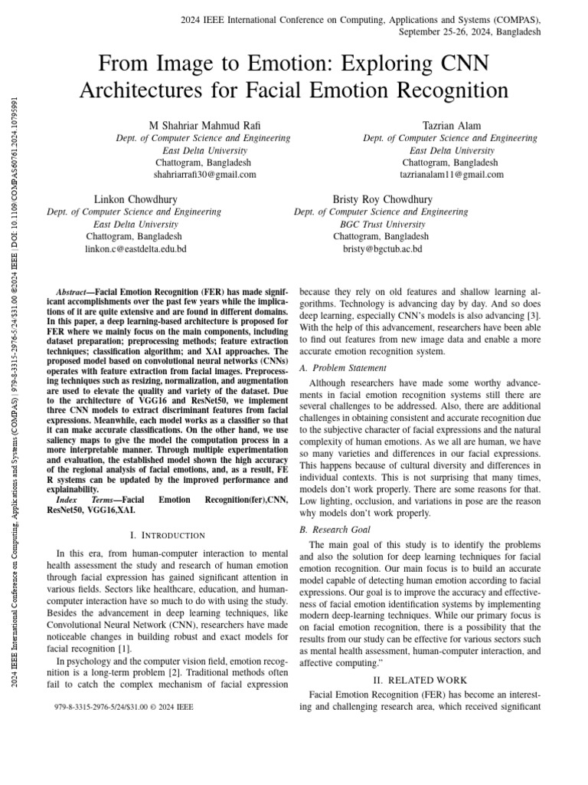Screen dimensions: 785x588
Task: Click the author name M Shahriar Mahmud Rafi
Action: [203, 125]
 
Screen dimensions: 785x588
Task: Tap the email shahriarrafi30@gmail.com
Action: [203, 175]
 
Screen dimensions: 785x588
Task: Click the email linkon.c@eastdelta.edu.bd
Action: [135, 249]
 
